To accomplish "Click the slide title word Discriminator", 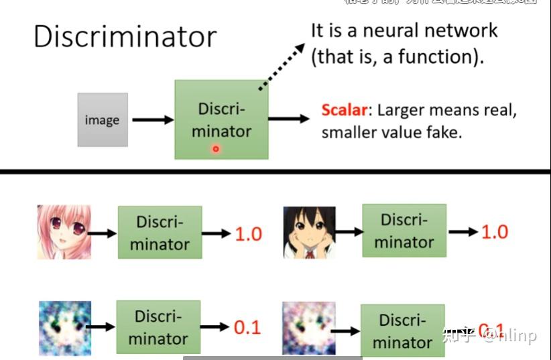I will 125,36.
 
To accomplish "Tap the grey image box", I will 102,120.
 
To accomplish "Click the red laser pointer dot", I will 216,149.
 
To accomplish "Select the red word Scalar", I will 344,110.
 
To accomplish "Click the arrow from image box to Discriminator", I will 152,120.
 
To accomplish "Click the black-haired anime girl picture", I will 309,232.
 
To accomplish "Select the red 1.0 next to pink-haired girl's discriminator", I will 248,235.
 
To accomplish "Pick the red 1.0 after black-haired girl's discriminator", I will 494,232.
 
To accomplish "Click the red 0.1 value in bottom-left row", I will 247,327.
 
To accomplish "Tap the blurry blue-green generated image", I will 64,328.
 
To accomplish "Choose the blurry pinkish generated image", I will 308,328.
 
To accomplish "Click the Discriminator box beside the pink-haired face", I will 160,233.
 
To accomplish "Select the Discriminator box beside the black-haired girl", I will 404,231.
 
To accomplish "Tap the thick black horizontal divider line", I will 275,172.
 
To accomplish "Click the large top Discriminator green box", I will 221,119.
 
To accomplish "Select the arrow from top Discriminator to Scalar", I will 289,119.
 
